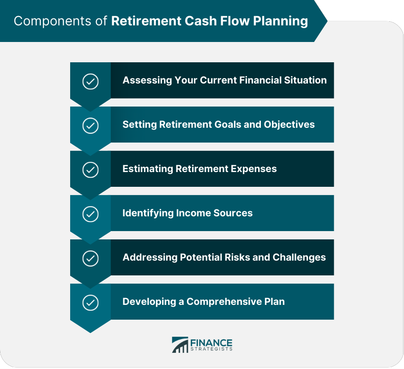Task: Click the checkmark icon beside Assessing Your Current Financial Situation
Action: (x=90, y=82)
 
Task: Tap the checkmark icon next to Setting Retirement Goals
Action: (x=90, y=125)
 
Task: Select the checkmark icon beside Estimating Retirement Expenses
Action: (x=90, y=170)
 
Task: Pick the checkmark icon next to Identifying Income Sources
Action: (x=90, y=214)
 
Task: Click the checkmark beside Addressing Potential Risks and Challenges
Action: (x=90, y=258)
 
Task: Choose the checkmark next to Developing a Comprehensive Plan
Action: (x=90, y=303)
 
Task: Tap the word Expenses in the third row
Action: (x=256, y=169)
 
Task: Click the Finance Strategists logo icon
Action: (x=180, y=345)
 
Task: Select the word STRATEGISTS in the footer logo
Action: (x=211, y=350)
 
